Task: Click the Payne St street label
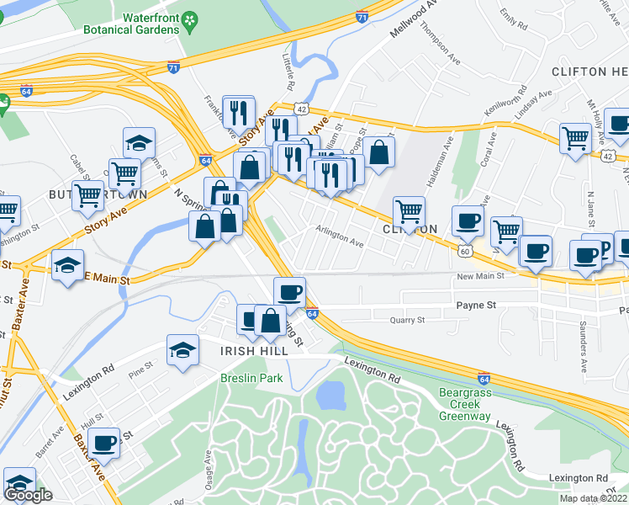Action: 475,306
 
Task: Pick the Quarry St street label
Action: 408,320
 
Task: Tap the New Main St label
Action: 480,276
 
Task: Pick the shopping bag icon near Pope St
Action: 379,152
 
